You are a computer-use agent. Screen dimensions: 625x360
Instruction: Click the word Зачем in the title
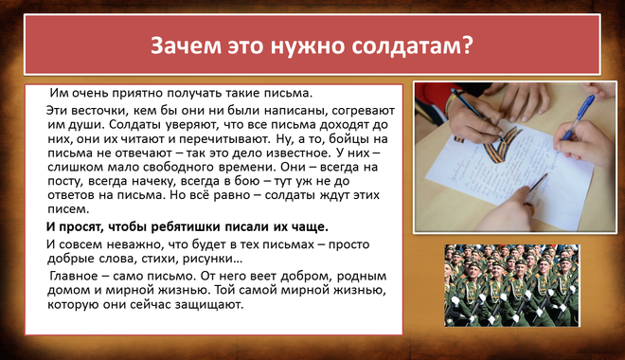186,45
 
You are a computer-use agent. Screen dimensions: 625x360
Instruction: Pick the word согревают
363,111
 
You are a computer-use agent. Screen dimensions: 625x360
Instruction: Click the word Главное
74,276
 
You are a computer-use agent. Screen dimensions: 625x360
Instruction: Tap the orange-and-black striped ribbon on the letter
500,144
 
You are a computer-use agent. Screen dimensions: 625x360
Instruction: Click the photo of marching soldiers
511,285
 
